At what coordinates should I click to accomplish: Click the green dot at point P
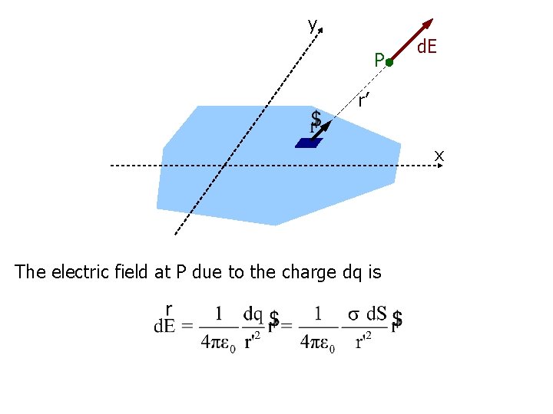coord(389,62)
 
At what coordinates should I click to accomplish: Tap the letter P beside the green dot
coord(378,60)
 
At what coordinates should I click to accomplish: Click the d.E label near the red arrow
coord(427,48)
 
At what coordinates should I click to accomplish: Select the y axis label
coord(312,25)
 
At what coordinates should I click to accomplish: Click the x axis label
coord(439,156)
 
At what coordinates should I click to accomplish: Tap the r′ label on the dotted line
coord(364,100)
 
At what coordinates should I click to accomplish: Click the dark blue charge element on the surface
coord(306,142)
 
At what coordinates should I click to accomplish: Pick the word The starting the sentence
coord(30,272)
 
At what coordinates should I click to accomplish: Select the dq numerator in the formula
coord(253,314)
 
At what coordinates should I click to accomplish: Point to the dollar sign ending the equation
coord(397,320)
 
